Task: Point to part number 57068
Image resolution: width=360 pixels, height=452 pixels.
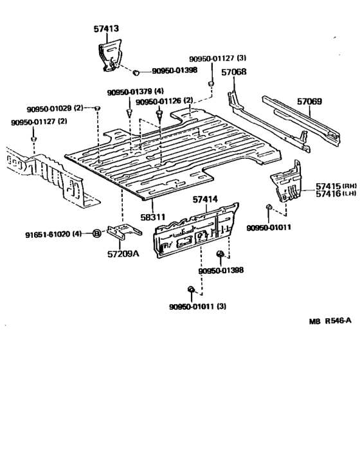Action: pyautogui.click(x=233, y=72)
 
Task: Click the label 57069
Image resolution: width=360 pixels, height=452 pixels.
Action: pyautogui.click(x=309, y=102)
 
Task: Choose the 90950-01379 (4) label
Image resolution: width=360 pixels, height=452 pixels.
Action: pyautogui.click(x=136, y=92)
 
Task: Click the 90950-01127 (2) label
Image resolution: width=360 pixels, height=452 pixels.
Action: pyautogui.click(x=39, y=122)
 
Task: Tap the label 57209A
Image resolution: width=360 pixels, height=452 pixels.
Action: pyautogui.click(x=123, y=253)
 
